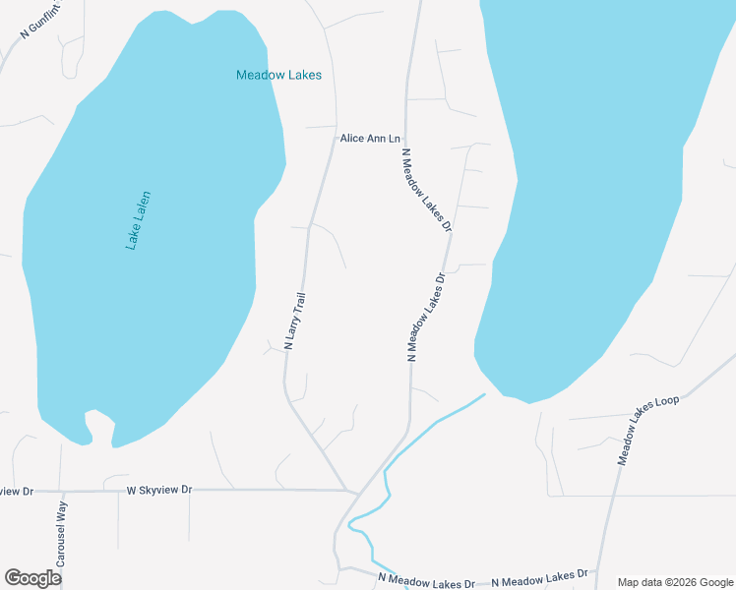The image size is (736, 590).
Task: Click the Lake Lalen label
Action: [139, 220]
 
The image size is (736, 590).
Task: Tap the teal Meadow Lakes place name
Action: [278, 75]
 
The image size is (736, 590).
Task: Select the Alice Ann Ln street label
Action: [371, 139]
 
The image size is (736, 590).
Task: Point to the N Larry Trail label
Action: [295, 322]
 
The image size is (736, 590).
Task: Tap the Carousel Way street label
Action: [61, 534]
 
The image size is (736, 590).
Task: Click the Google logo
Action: [32, 578]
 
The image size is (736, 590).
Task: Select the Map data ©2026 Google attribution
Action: [674, 581]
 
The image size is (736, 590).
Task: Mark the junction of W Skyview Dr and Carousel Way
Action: [61, 491]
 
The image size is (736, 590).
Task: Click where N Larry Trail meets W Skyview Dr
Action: [349, 489]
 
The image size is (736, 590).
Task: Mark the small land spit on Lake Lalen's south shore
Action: [98, 425]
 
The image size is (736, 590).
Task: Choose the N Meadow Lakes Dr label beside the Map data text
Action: [539, 576]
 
